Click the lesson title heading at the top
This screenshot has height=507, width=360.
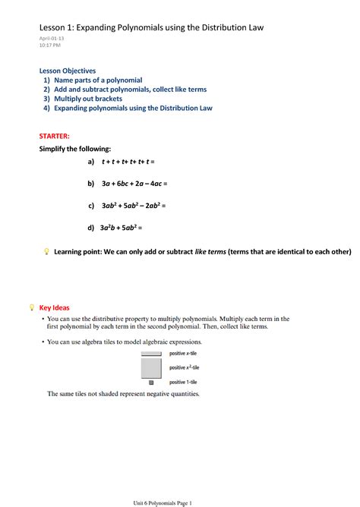152,28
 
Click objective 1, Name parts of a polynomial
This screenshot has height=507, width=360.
98,80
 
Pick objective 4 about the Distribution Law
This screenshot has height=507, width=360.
132,109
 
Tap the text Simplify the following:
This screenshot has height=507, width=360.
75,149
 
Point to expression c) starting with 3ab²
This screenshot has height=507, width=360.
133,205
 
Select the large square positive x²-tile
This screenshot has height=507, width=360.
151,367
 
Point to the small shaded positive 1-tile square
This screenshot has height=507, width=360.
151,383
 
